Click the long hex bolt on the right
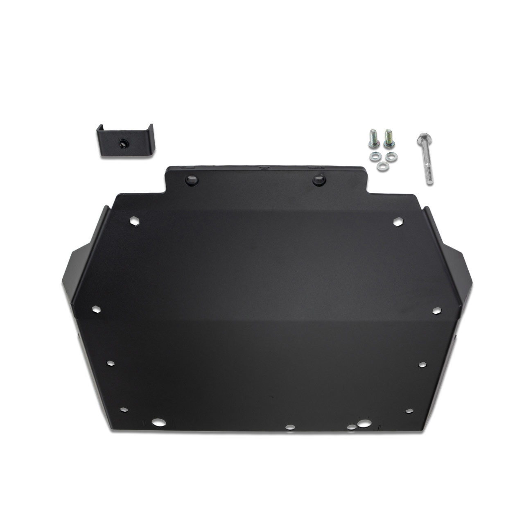[x=426, y=160]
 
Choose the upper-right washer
[x=391, y=156]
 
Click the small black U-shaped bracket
[x=124, y=141]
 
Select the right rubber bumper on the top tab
[x=318, y=179]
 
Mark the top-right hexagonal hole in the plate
[x=397, y=221]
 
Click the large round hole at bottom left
[x=157, y=422]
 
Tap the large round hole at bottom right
[x=362, y=425]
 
